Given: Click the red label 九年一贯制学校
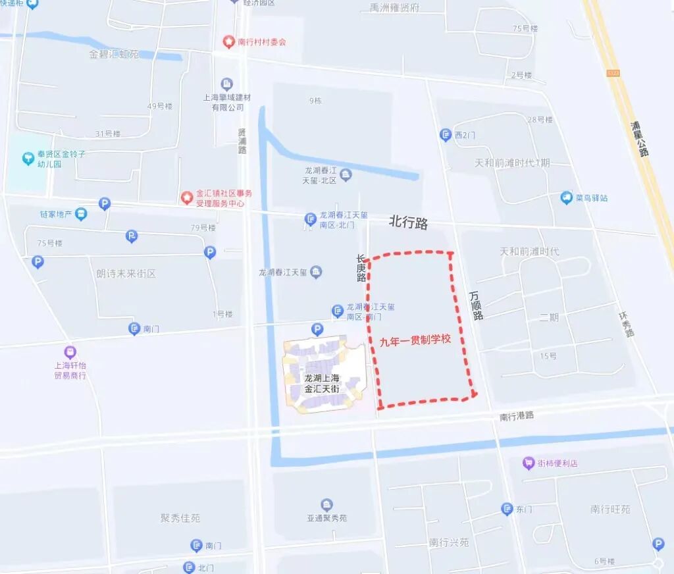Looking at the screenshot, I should click(415, 340).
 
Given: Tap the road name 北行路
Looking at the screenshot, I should click(408, 223).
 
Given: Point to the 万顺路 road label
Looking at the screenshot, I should click(477, 306).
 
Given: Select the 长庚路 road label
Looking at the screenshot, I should click(361, 269).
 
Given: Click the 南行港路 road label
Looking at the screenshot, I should click(517, 416).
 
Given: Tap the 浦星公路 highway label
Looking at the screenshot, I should click(638, 139).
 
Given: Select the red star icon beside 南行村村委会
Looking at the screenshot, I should click(228, 42).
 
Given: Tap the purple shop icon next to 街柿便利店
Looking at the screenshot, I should click(528, 463).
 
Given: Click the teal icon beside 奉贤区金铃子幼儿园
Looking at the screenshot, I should click(28, 159).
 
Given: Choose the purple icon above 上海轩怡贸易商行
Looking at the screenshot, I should click(70, 352).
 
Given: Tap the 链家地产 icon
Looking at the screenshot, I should click(80, 214).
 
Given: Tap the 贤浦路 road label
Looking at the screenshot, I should click(242, 141).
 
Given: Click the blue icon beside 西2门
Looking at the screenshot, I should click(445, 135).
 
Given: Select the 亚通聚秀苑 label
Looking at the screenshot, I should click(326, 518).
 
